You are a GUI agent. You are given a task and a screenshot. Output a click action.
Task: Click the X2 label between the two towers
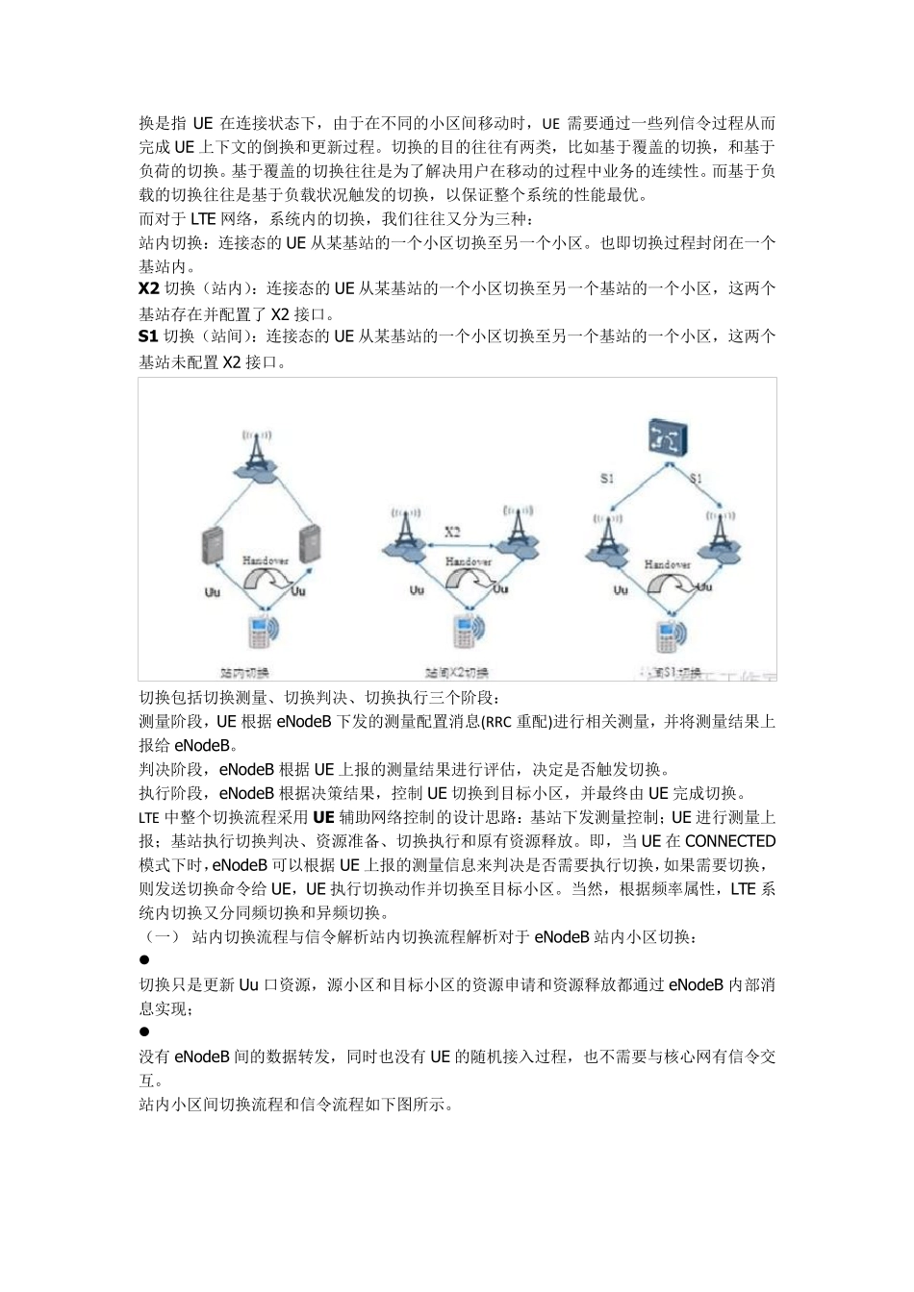coord(452,532)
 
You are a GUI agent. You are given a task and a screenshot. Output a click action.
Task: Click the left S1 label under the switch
coord(607,478)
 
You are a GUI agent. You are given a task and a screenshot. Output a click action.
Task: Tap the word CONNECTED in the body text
coord(730,841)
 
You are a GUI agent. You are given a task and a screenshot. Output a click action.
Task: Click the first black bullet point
coord(144,960)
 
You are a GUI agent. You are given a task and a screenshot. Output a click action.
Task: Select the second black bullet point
coord(144,1032)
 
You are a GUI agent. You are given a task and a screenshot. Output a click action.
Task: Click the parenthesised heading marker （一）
coord(161,936)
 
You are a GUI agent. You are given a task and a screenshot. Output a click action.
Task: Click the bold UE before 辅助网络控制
coord(323,818)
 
